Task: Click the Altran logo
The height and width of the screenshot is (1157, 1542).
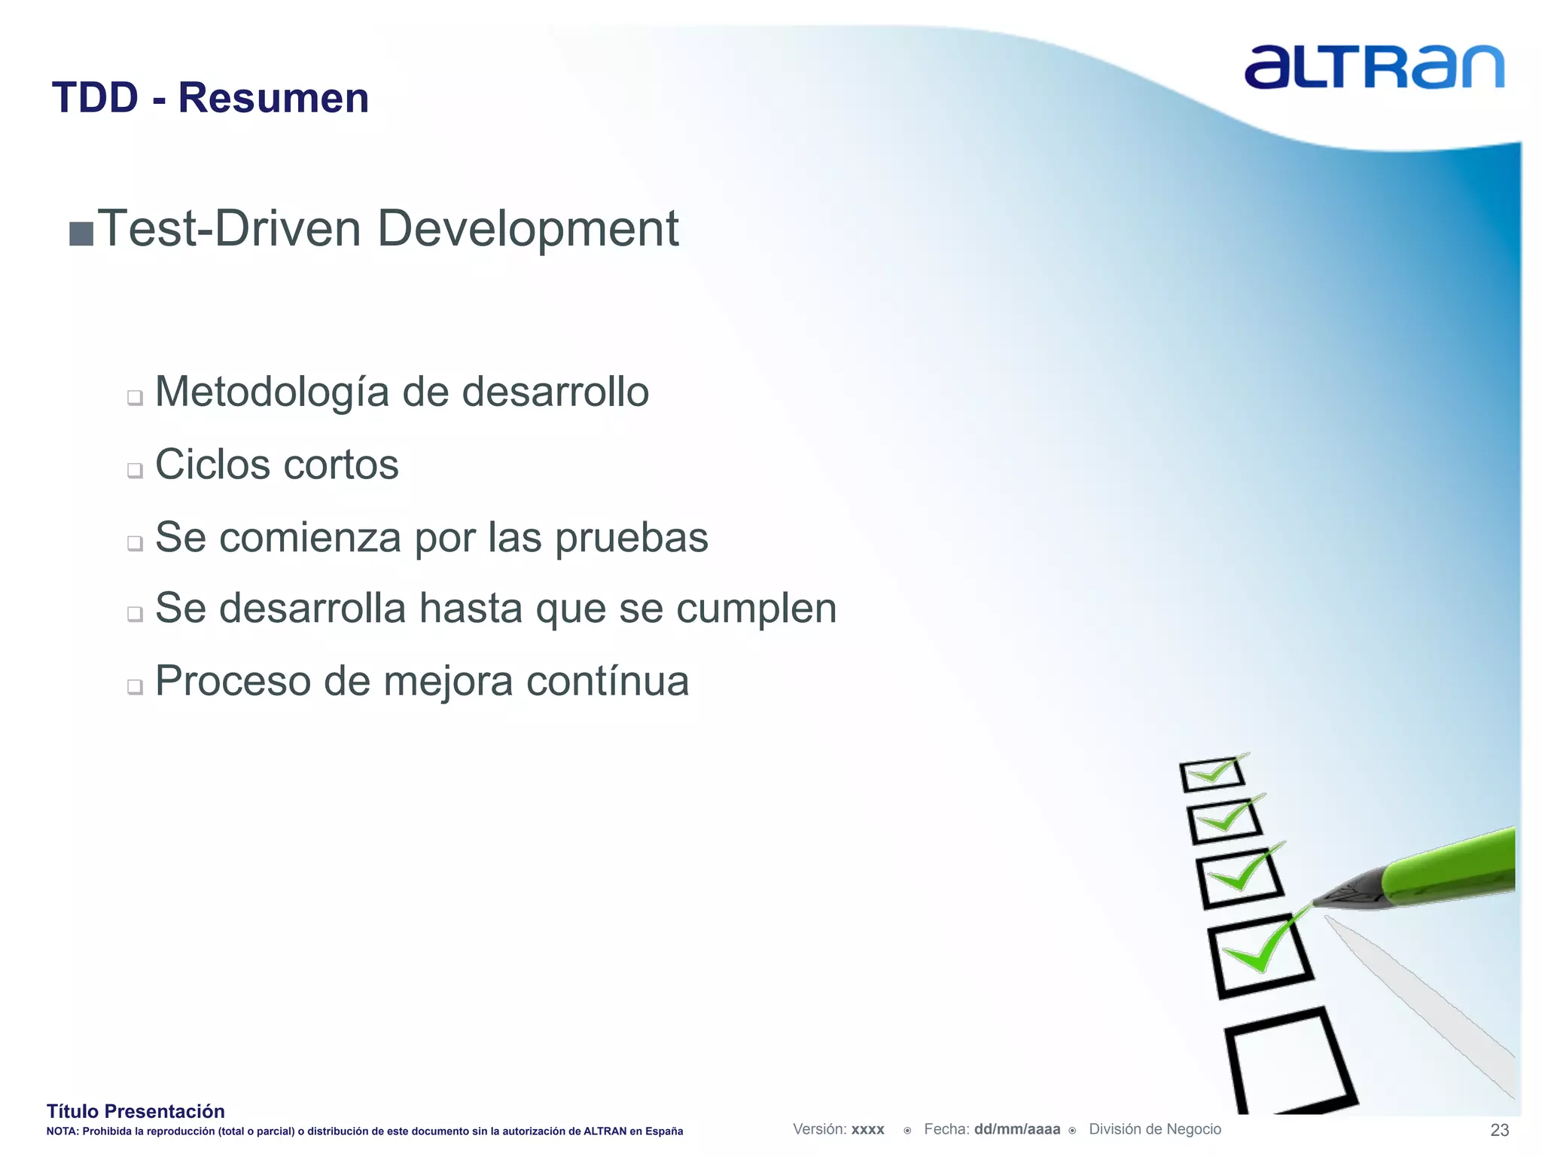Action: [x=1374, y=67]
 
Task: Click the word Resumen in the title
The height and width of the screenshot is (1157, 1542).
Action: [x=273, y=98]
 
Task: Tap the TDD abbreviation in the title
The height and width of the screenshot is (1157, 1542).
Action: [x=95, y=98]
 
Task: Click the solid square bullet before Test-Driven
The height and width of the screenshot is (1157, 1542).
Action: [x=81, y=234]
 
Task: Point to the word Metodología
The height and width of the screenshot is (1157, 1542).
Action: [x=272, y=392]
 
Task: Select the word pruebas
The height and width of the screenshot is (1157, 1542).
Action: [x=632, y=538]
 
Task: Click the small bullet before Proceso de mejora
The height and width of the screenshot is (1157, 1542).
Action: [x=135, y=686]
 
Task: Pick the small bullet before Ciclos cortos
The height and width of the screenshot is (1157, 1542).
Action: [x=135, y=470]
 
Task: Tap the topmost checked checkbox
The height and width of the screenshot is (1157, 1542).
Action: [x=1211, y=774]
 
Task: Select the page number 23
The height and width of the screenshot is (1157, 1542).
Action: [x=1499, y=1130]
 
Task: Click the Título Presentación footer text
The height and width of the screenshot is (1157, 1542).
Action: [x=136, y=1111]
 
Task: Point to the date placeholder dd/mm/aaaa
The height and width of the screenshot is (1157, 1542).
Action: [x=1016, y=1129]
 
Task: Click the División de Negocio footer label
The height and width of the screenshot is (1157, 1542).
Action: [x=1154, y=1129]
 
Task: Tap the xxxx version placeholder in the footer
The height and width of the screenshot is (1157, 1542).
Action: [x=867, y=1129]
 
